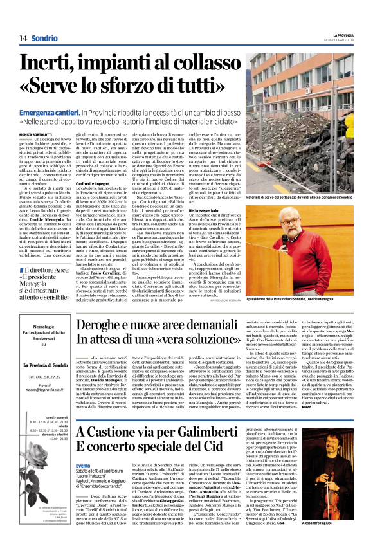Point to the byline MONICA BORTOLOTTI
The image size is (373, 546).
(37, 134)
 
